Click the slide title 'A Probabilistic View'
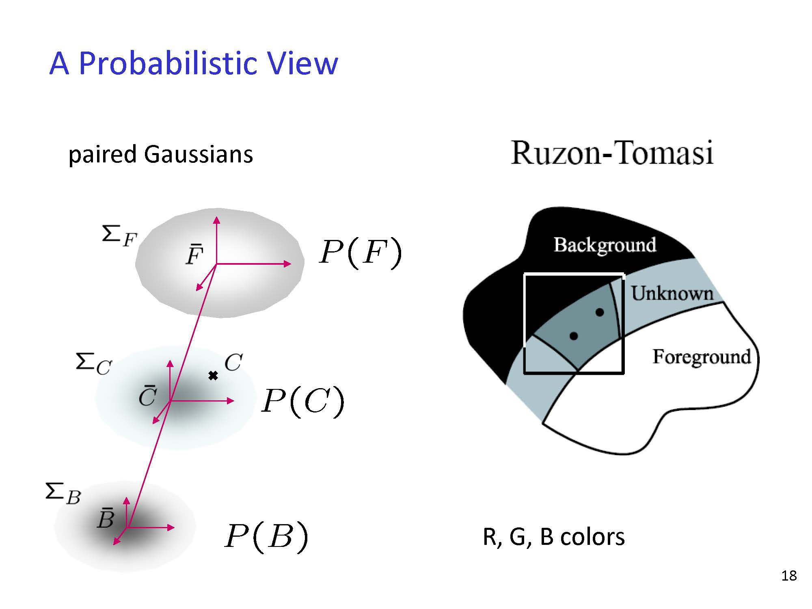click(x=194, y=63)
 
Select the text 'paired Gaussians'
click(x=161, y=155)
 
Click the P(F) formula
click(x=361, y=253)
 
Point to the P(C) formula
click(x=303, y=402)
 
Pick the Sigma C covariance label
click(x=93, y=363)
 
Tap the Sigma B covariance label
click(x=63, y=494)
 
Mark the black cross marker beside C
click(x=213, y=376)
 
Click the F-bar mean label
click(x=194, y=255)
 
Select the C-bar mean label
click(x=147, y=396)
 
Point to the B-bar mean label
click(x=106, y=518)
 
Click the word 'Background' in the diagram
click(x=605, y=245)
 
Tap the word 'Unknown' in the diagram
click(x=672, y=293)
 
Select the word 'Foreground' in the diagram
click(x=702, y=357)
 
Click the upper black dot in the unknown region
click(x=600, y=312)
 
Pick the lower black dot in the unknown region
click(x=574, y=336)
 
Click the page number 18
click(x=789, y=576)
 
